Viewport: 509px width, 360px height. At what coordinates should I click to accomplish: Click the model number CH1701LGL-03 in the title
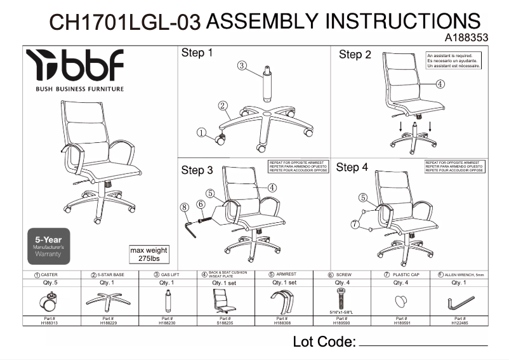(x=125, y=23)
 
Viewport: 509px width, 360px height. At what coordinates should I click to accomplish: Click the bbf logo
(x=75, y=66)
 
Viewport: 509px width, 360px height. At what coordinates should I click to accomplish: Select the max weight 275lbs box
(x=149, y=255)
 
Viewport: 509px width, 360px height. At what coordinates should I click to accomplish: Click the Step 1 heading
(x=197, y=53)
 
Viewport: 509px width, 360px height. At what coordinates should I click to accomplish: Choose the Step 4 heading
(x=352, y=168)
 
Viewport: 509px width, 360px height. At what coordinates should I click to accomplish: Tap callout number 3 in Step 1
(x=242, y=65)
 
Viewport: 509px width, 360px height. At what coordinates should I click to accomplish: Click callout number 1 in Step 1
(x=201, y=133)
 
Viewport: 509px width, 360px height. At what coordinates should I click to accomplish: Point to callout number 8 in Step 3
(x=184, y=206)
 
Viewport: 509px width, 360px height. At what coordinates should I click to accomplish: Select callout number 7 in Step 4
(x=354, y=224)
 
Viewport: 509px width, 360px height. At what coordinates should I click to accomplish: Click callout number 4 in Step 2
(x=440, y=84)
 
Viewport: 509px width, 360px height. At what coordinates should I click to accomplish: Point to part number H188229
(x=107, y=321)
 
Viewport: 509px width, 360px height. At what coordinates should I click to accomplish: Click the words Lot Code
(x=324, y=342)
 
